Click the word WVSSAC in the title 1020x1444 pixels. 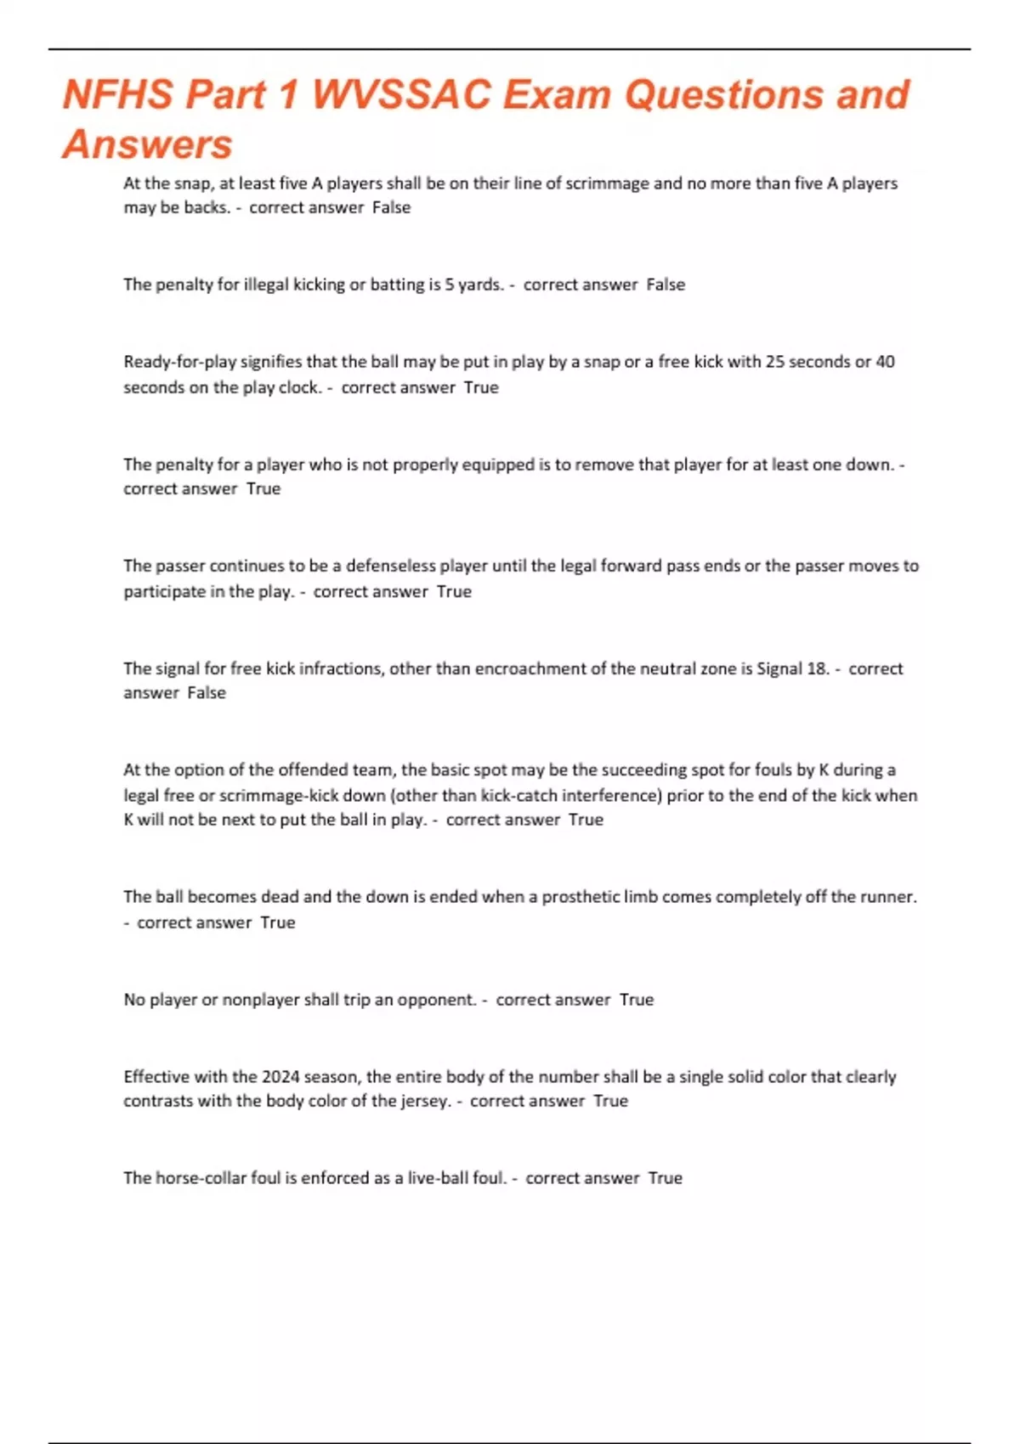(x=401, y=94)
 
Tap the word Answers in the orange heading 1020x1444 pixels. (x=147, y=144)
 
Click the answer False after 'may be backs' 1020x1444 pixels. (x=391, y=208)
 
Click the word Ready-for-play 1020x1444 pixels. (x=179, y=362)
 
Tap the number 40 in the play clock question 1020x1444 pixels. (x=885, y=362)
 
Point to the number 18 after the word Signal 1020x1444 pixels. (x=818, y=668)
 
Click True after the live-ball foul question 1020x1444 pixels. (x=665, y=1178)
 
